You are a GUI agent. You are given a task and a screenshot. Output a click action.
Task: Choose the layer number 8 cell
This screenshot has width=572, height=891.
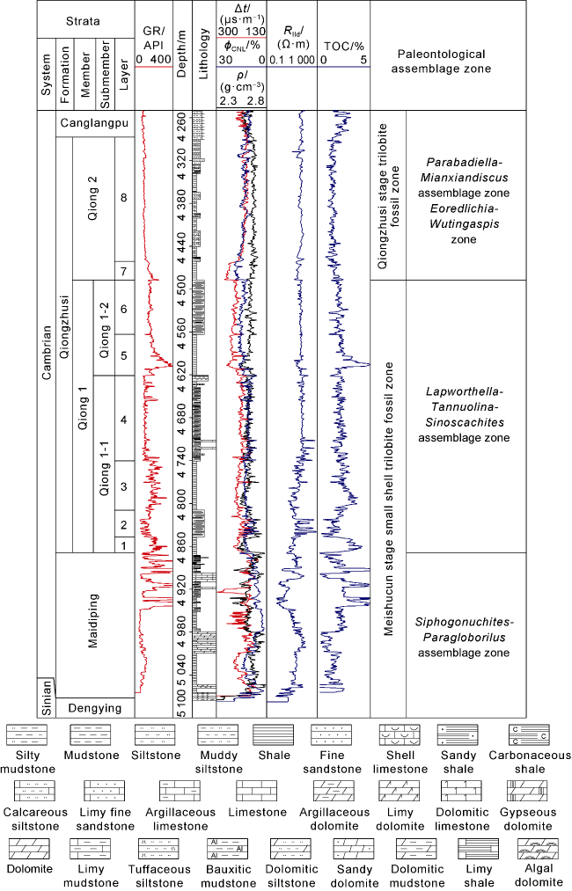pyautogui.click(x=124, y=198)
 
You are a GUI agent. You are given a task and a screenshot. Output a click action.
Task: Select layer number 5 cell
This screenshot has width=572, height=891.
pyautogui.click(x=124, y=355)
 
